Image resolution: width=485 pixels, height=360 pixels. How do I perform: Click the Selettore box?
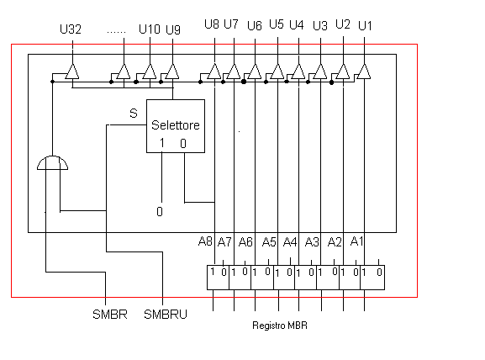(176, 126)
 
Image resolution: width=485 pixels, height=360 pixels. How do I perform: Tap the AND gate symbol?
(52, 163)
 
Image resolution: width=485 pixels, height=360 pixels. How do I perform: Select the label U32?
(71, 29)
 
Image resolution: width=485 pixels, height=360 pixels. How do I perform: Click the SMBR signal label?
(110, 315)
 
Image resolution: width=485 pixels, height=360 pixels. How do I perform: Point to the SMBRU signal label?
(166, 315)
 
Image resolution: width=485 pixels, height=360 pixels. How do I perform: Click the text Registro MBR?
(280, 326)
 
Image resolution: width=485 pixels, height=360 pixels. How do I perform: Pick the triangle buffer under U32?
(72, 71)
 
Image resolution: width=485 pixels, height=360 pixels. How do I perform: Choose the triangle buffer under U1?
(364, 71)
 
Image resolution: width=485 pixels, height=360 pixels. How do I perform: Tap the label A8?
(205, 241)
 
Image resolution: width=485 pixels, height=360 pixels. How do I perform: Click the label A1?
(356, 241)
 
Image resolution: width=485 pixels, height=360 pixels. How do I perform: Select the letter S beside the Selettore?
(134, 114)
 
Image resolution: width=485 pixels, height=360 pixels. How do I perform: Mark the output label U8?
(212, 24)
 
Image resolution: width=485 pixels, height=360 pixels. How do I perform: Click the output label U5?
(277, 24)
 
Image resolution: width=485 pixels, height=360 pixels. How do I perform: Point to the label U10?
(150, 29)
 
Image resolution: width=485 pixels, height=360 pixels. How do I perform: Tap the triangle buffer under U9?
(172, 71)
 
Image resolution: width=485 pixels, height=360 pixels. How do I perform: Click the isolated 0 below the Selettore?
(160, 211)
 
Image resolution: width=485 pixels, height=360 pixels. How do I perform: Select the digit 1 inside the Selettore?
(161, 143)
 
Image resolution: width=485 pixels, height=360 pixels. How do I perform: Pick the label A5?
(269, 241)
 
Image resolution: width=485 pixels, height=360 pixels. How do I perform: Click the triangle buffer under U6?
(255, 71)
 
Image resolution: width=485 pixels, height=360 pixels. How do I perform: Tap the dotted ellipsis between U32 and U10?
(116, 32)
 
